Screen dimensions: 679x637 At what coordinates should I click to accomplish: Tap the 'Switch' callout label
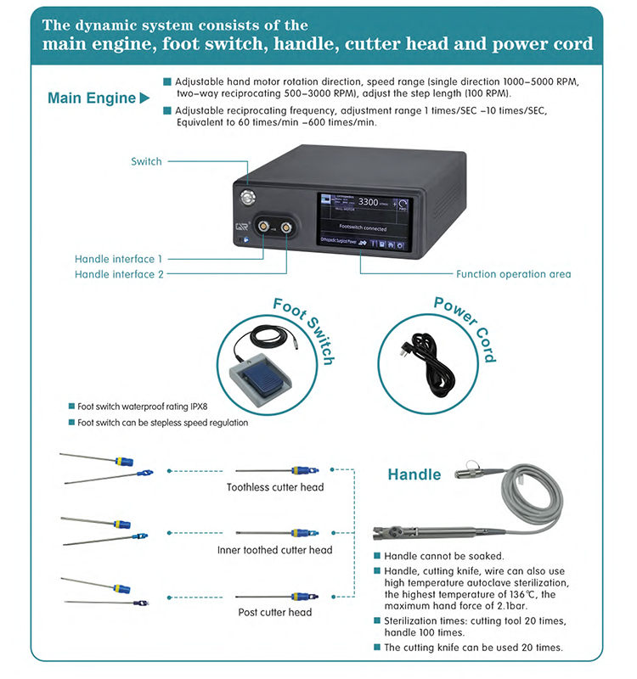pyautogui.click(x=146, y=161)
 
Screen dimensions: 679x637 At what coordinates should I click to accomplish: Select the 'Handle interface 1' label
pyautogui.click(x=119, y=258)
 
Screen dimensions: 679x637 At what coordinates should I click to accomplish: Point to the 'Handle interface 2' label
pyautogui.click(x=119, y=273)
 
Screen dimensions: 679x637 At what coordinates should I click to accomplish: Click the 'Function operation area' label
pyautogui.click(x=514, y=274)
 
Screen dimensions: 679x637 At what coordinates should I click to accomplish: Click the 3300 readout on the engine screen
pyautogui.click(x=369, y=202)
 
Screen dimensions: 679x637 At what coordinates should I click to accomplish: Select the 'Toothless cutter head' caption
pyautogui.click(x=274, y=487)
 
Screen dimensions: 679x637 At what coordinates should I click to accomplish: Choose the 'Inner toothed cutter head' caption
pyautogui.click(x=274, y=550)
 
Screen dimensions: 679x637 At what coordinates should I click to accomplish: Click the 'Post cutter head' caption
pyautogui.click(x=274, y=612)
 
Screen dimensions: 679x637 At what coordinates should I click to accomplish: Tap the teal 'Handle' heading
pyautogui.click(x=414, y=474)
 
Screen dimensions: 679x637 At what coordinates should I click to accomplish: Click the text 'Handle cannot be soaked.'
pyautogui.click(x=444, y=556)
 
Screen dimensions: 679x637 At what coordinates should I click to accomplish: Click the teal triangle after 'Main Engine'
pyautogui.click(x=144, y=98)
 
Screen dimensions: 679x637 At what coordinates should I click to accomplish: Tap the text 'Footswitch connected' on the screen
pyautogui.click(x=363, y=228)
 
